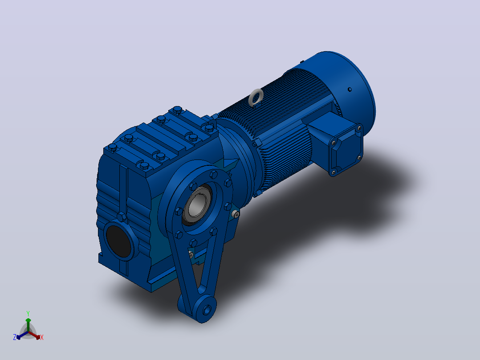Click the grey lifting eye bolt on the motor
(256, 98)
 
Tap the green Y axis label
(28, 314)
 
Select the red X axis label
(42, 337)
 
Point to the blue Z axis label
(15, 337)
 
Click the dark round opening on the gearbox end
(118, 241)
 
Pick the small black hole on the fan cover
(350, 90)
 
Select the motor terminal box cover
(346, 150)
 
